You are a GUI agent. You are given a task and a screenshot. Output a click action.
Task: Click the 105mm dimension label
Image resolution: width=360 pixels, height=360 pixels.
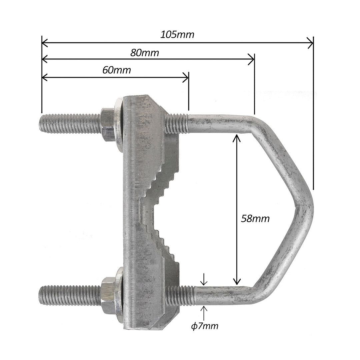(x=177, y=35)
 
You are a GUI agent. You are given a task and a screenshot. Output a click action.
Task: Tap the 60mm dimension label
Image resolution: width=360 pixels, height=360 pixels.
(x=116, y=70)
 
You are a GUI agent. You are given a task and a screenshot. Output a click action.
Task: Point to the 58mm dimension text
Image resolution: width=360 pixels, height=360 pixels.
(x=255, y=219)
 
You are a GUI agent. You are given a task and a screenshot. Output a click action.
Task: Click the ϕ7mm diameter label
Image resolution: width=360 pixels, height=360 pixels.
(x=205, y=326)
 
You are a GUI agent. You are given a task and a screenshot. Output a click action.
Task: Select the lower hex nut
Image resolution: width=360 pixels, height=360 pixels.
(x=108, y=296)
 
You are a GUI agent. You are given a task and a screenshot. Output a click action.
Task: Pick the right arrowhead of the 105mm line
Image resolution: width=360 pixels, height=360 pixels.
(x=311, y=43)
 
